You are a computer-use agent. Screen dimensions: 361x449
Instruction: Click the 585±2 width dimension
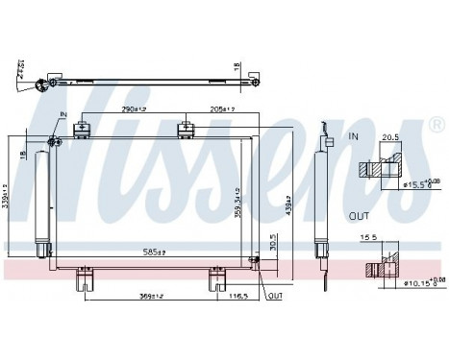point(155,253)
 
